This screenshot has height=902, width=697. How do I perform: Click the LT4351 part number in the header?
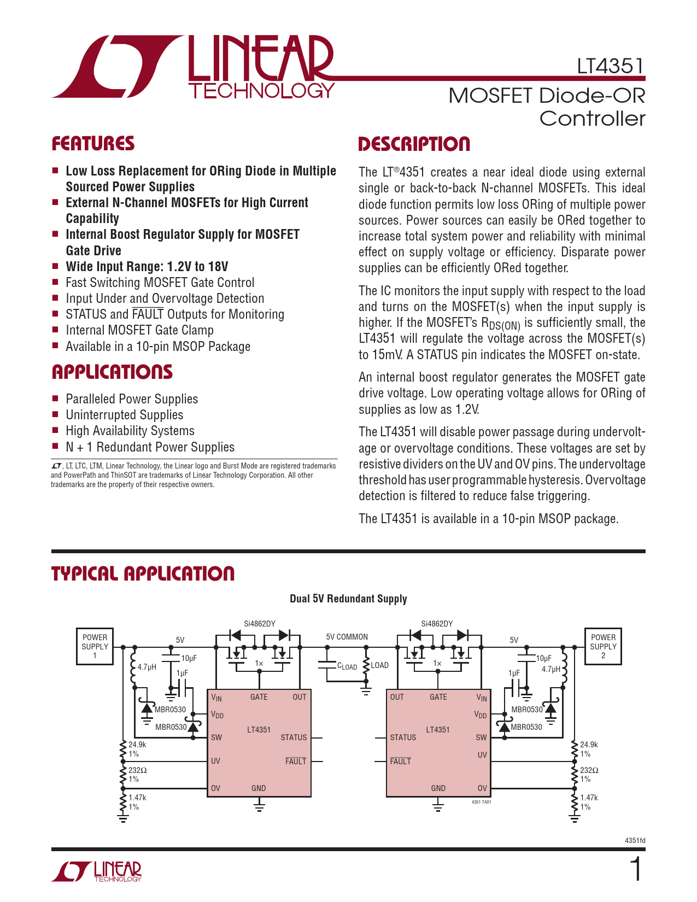[611, 66]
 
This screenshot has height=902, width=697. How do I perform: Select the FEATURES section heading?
[93, 144]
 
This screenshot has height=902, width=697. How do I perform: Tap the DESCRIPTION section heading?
[414, 144]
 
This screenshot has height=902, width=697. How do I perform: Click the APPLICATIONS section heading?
[112, 372]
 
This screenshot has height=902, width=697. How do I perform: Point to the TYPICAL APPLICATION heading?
[143, 573]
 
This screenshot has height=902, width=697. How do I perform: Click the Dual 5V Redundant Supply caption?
[348, 599]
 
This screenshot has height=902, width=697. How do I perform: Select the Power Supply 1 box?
[95, 646]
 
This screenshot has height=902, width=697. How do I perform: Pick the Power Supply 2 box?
[603, 646]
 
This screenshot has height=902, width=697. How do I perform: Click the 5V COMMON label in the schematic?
[347, 637]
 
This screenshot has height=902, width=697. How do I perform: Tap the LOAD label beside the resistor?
[379, 665]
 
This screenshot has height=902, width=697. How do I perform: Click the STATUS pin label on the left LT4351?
[294, 737]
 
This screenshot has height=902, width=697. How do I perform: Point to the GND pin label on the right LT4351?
[438, 788]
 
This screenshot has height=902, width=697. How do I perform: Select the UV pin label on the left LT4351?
[216, 761]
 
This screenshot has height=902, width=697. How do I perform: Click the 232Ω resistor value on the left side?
[137, 770]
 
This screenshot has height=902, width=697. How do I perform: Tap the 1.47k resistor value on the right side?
[589, 798]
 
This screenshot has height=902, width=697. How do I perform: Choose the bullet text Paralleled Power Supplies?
[132, 399]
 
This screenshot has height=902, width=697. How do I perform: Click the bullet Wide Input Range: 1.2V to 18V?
[147, 267]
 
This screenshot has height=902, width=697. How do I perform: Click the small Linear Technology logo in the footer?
[97, 871]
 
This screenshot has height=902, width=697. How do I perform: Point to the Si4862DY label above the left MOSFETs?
[260, 624]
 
